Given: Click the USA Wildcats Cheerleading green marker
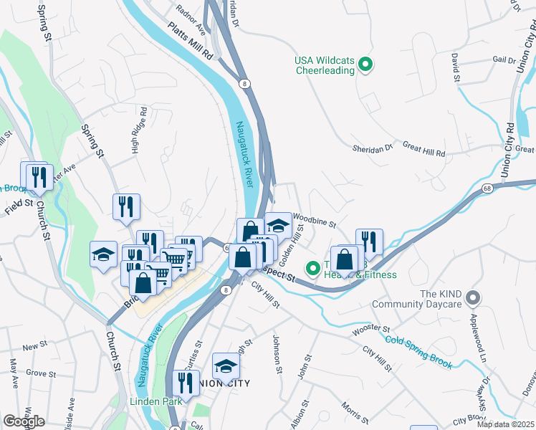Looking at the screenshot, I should click(x=365, y=65).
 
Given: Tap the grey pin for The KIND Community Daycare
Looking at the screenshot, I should click(x=472, y=297).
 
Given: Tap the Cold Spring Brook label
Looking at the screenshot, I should click(x=418, y=350).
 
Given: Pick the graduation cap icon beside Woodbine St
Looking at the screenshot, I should click(x=278, y=224).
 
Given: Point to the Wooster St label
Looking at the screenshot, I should click(x=369, y=331).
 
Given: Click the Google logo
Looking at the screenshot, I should click(x=24, y=421).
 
